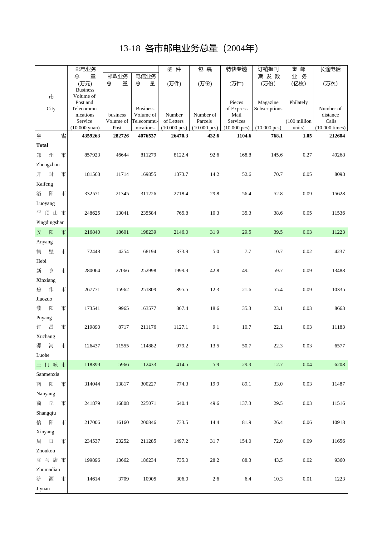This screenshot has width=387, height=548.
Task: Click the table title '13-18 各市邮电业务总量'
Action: (x=189, y=48)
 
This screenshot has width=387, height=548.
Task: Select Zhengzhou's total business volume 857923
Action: (x=92, y=155)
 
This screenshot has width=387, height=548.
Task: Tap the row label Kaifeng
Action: (x=45, y=184)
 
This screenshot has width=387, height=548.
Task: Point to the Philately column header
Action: (x=299, y=102)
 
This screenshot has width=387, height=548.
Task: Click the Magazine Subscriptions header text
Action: (x=268, y=106)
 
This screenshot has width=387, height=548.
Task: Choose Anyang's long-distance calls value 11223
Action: (x=338, y=232)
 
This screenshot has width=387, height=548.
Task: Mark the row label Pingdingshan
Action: (x=50, y=222)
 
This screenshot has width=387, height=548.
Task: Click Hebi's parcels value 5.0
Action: (x=216, y=252)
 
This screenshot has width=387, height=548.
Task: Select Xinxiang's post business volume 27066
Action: (x=122, y=271)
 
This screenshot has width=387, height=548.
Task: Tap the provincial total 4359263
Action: (x=91, y=136)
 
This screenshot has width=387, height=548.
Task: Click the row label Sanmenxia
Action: (x=48, y=374)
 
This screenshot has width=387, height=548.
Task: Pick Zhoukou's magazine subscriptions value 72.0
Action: (x=278, y=441)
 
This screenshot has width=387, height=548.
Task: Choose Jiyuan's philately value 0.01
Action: (x=307, y=479)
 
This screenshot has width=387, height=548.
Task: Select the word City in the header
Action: (x=51, y=109)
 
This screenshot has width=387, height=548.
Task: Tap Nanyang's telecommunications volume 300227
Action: (x=148, y=384)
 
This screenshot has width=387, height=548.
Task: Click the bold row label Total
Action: (x=42, y=145)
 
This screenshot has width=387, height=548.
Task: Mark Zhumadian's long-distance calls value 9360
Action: (x=340, y=460)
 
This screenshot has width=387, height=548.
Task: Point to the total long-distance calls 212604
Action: (x=337, y=136)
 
